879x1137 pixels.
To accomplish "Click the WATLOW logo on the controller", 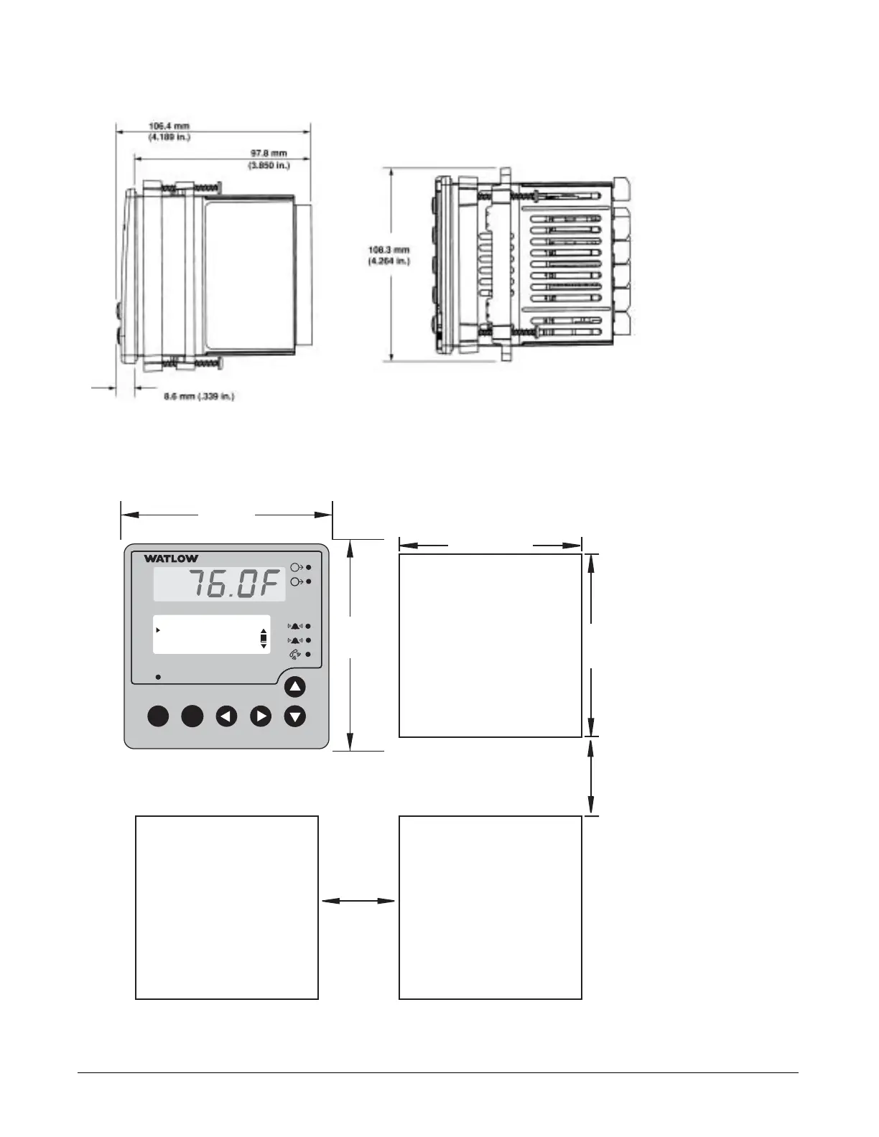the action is [171, 558].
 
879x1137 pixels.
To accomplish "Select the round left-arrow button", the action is [227, 716].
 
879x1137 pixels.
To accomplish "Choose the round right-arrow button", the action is [261, 716].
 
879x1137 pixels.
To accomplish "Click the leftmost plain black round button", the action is [158, 716].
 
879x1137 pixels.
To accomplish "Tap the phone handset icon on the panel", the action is [294, 655].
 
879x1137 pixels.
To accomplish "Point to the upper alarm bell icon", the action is [294, 626].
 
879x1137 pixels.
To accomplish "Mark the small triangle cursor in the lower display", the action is [158, 630].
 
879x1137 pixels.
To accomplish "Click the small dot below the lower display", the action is [158, 676].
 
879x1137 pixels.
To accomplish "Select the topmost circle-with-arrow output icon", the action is [296, 567].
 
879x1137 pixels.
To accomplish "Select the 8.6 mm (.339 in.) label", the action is [199, 396].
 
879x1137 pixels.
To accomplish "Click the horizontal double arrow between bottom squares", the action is [358, 901].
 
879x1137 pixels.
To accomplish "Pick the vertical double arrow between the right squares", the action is [591, 777].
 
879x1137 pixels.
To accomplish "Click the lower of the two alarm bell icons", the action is [294, 640].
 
